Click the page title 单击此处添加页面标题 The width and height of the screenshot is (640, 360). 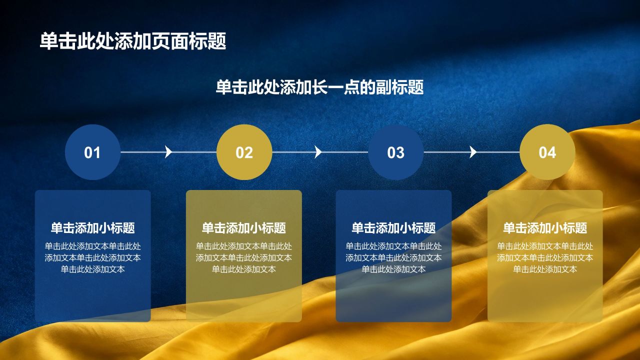click(x=133, y=41)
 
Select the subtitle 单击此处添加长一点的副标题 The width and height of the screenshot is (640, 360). click(x=319, y=87)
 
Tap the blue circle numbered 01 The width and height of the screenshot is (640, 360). click(x=92, y=152)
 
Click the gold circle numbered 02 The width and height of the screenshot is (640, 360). click(x=244, y=152)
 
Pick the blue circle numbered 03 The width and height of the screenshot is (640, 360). click(x=395, y=152)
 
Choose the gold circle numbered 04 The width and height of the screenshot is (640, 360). click(x=547, y=152)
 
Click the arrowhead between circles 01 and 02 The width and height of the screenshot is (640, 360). click(x=168, y=151)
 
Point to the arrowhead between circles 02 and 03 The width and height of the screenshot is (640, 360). click(x=318, y=151)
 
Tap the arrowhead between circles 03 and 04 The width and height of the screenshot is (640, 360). click(x=473, y=151)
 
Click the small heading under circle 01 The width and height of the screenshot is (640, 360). click(x=92, y=228)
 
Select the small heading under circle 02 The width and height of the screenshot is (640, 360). click(x=243, y=228)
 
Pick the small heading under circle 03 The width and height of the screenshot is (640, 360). click(x=393, y=228)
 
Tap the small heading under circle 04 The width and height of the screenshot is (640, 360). click(x=545, y=228)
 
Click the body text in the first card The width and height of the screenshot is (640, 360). click(x=92, y=257)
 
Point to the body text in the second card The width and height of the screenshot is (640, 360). click(x=243, y=257)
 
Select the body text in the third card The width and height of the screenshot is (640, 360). click(x=393, y=257)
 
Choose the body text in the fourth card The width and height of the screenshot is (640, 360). click(x=545, y=257)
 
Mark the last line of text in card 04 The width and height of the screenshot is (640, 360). click(x=545, y=269)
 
